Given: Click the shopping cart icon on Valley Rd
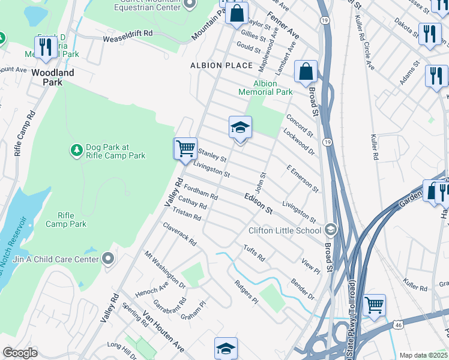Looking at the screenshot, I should point(185,148).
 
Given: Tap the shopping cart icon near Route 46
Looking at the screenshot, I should point(375,305).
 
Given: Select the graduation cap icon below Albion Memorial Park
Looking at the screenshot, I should point(240,127).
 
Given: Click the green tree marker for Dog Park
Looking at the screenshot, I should point(76,149).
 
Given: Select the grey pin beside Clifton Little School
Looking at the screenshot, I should point(330,230).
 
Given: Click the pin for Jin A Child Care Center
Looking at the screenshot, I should point(108,259).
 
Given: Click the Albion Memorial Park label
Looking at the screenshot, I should point(265,88).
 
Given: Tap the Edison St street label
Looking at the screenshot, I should point(259,204).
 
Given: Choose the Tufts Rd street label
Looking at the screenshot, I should point(254,253).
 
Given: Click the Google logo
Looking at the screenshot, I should point(20,353).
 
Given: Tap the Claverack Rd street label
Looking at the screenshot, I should point(179,234).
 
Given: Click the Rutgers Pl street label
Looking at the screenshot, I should point(246,291).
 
